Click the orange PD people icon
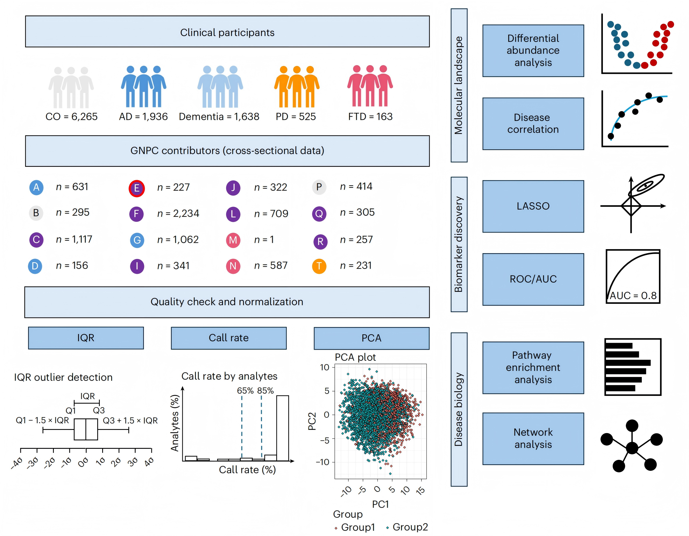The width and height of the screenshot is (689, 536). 297,87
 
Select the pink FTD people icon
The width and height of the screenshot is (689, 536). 370,86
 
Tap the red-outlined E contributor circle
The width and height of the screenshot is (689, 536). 137,188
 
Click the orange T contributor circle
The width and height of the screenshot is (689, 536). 319,266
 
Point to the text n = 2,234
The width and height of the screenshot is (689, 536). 178,213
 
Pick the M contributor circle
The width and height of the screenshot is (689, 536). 233,240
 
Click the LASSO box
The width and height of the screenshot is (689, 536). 533,206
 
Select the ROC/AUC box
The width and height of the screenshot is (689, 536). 533,279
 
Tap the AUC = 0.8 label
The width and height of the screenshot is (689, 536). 633,296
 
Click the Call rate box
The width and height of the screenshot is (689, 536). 229,338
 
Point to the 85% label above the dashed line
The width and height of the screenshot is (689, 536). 265,390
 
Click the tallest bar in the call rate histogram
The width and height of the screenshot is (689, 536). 282,428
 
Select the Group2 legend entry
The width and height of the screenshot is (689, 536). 407,527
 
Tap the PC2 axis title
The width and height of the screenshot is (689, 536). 312,421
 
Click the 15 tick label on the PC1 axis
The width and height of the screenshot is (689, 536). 421,490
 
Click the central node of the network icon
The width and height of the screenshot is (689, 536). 632,448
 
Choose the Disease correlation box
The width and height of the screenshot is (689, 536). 533,124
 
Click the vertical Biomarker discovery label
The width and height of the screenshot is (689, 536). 459,244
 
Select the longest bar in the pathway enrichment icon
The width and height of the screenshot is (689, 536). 628,363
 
